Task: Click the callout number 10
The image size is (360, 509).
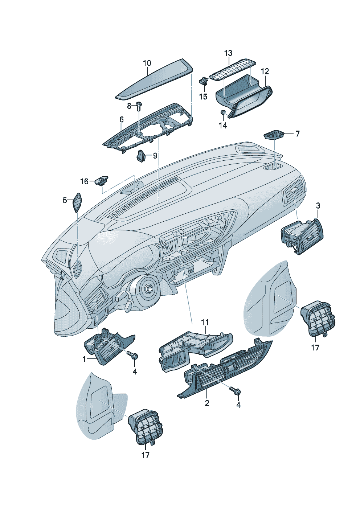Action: [147, 63]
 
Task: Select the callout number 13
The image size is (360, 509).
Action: [228, 53]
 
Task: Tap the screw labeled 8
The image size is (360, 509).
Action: [139, 106]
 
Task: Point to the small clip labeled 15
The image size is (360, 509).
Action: [204, 80]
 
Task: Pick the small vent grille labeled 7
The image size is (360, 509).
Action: [274, 135]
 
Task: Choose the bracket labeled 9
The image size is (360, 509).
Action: [141, 156]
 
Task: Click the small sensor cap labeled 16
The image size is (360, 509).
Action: [101, 180]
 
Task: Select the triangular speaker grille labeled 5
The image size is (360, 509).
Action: [77, 202]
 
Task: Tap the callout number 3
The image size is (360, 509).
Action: [318, 206]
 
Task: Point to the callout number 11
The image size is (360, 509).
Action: [205, 322]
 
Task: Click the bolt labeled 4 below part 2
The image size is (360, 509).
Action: [235, 391]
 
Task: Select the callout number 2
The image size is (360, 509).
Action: [207, 403]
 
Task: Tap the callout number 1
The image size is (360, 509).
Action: [84, 359]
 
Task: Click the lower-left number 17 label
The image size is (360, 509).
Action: [145, 455]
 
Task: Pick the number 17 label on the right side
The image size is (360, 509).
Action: [315, 347]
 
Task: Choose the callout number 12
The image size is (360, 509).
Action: [265, 71]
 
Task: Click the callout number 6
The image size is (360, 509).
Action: [122, 119]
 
